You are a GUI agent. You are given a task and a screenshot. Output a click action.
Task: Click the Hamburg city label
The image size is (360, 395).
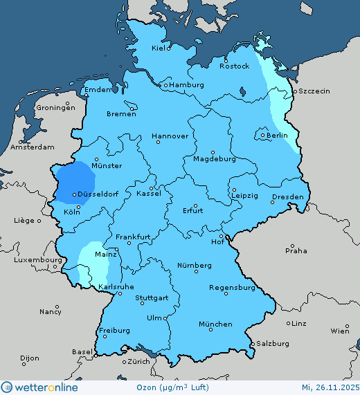click(x=187, y=85)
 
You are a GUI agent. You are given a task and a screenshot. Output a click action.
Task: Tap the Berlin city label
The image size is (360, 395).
click(x=277, y=136)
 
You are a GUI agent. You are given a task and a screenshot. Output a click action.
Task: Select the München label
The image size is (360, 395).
click(x=215, y=324)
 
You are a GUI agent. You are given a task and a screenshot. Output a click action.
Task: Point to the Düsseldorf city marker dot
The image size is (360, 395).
click(x=74, y=195)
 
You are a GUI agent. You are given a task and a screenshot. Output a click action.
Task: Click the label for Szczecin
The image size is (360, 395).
click(x=314, y=91)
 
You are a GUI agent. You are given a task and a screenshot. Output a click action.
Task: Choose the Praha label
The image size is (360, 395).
click(x=297, y=250)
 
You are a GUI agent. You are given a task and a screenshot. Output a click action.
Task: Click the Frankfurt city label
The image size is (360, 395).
click(x=134, y=237)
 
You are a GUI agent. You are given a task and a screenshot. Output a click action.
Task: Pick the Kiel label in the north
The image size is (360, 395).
click(x=160, y=48)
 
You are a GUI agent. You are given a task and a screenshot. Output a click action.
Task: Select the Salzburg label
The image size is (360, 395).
click(x=272, y=343)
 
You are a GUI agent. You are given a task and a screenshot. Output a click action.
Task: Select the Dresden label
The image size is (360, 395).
click(x=287, y=197)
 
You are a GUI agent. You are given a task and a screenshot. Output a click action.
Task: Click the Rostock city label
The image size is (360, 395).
click(x=234, y=66)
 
